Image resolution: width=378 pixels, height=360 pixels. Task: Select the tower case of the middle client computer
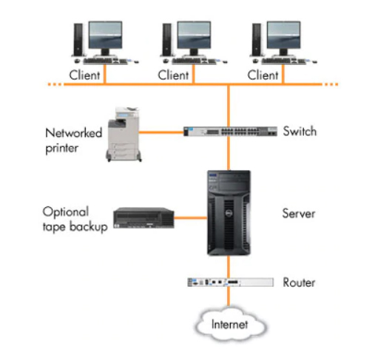(167, 40)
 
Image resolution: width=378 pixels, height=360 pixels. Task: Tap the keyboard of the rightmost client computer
(283, 61)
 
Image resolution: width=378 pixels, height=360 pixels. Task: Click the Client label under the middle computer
(173, 75)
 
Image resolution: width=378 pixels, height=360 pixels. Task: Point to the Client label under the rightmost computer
(263, 75)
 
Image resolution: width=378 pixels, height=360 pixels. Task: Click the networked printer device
(124, 135)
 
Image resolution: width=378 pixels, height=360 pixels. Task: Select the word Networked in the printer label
(74, 133)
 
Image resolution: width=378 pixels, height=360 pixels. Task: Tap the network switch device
(230, 132)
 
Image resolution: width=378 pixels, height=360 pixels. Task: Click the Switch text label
(300, 131)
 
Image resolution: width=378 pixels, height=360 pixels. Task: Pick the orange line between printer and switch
(161, 132)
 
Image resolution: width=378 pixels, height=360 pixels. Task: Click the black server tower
(229, 213)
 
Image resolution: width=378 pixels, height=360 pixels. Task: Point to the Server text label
(299, 214)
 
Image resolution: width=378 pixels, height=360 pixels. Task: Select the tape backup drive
(144, 218)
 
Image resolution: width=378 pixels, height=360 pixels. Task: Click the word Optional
(66, 212)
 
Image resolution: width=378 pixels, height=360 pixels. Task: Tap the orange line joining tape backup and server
(191, 218)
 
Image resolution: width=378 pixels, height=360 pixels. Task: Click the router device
(230, 282)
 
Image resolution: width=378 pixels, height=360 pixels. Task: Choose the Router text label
(299, 282)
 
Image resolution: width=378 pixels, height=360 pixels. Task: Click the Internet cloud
(230, 324)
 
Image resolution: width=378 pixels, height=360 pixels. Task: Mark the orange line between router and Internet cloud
(229, 296)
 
